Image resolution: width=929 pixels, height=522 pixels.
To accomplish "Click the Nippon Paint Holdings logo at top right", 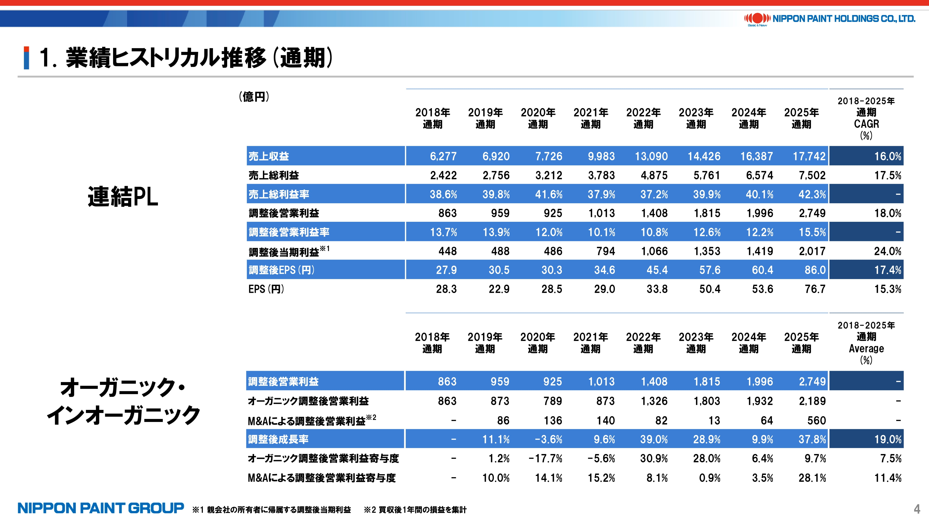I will [829, 19].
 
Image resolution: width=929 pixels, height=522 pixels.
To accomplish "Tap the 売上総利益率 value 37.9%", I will [601, 195].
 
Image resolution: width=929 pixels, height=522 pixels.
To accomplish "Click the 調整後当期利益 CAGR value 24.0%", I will [887, 251].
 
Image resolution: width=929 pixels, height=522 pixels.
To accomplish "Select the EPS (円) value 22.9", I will [499, 289].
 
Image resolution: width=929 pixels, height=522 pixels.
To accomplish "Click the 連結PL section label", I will [123, 197].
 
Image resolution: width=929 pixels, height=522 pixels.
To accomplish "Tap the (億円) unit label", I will [254, 97].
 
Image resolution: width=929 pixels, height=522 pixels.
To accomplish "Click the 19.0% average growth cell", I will [887, 439].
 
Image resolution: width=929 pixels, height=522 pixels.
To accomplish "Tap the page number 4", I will [917, 509].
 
